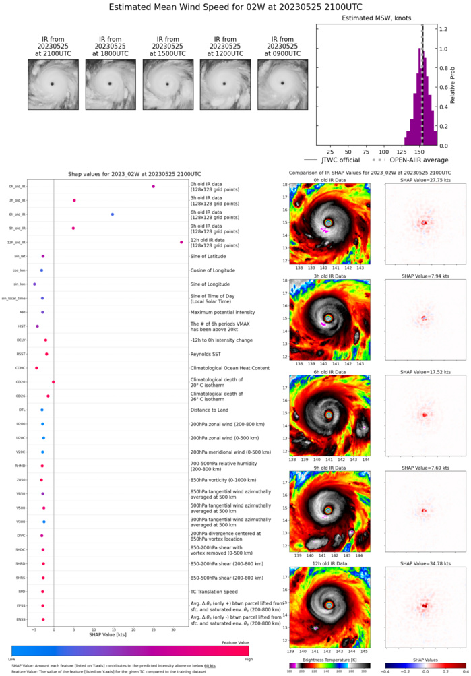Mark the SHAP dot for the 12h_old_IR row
click(x=181, y=242)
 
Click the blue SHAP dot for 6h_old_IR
click(x=113, y=214)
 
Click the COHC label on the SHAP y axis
click(x=21, y=368)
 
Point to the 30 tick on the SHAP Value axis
click(x=173, y=628)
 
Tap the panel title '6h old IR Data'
click(x=328, y=371)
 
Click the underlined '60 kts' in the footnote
click(x=210, y=665)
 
